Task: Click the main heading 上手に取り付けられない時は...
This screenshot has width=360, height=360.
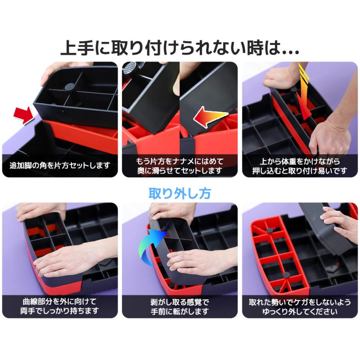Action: coord(180,48)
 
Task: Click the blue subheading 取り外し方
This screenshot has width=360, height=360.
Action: coord(180,194)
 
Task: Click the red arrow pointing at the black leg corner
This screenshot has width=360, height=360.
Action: coord(23,115)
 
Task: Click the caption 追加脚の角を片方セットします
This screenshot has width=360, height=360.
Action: coord(60,166)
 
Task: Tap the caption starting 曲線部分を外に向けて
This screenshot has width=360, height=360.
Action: coord(60,306)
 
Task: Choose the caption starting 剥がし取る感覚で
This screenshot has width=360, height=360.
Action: coord(180,306)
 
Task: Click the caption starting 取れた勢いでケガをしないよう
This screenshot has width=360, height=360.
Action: coord(300,306)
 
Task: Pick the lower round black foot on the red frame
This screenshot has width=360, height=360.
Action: coord(286,275)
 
